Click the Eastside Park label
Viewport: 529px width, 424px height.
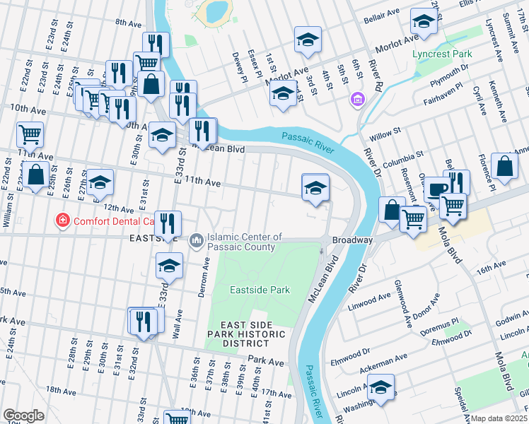tap(260, 290)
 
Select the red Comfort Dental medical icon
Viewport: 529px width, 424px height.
tap(63, 220)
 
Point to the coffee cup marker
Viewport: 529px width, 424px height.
tap(435, 189)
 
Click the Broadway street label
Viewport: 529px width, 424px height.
tap(352, 240)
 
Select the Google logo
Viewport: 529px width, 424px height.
tap(23, 416)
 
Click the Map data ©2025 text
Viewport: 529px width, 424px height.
tap(499, 418)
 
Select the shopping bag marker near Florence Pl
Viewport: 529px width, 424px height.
tap(504, 167)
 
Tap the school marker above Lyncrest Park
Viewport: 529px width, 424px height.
tap(424, 22)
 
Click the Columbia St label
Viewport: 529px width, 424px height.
tap(404, 153)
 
